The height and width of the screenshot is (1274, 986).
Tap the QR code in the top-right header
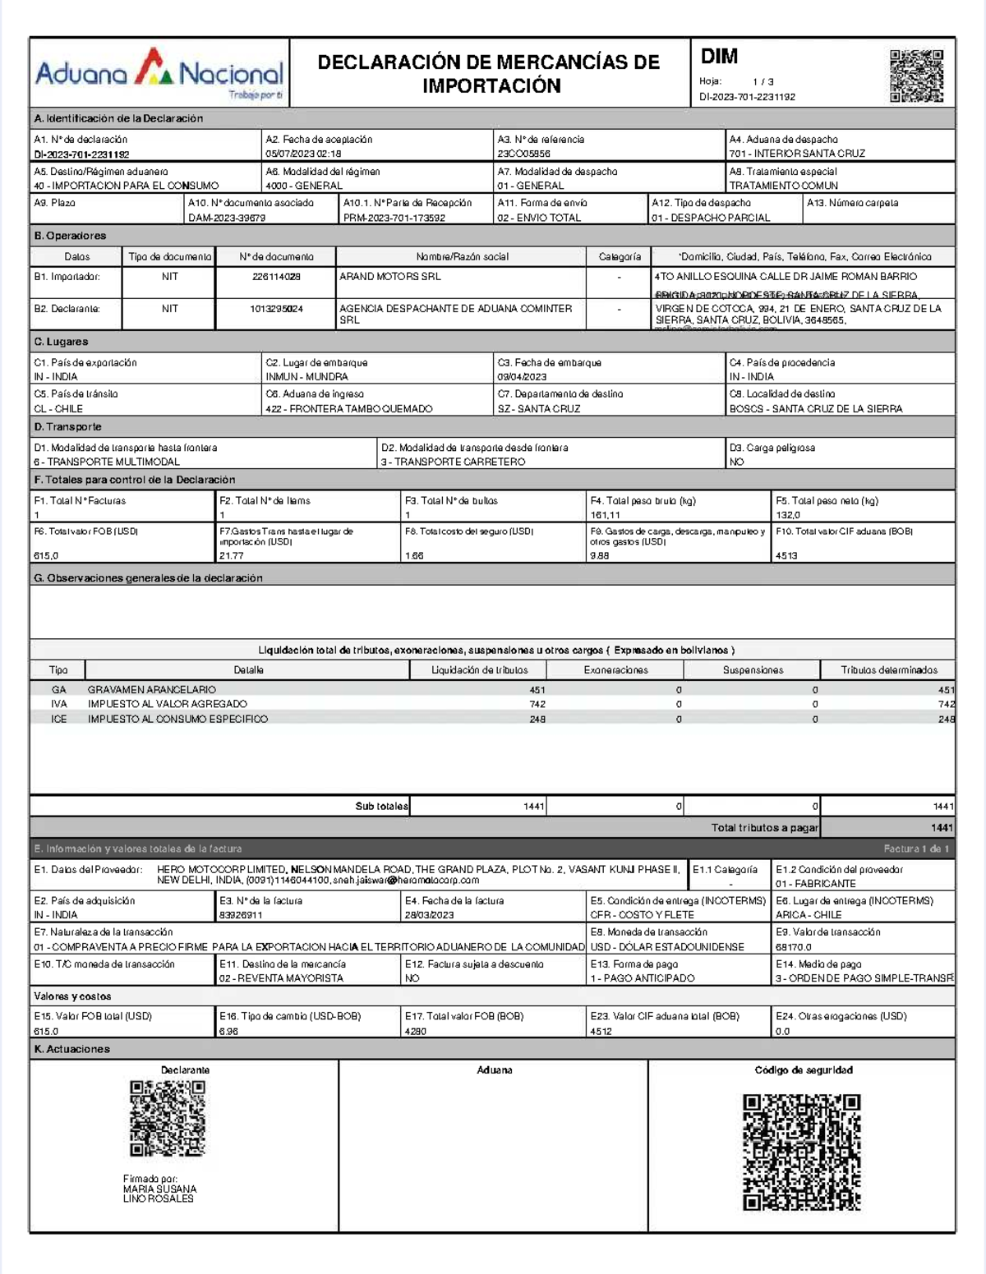(x=916, y=76)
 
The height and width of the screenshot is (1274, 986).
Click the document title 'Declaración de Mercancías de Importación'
(x=489, y=74)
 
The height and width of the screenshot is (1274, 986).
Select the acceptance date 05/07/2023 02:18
(x=303, y=154)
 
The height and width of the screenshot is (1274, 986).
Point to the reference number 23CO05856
(x=523, y=154)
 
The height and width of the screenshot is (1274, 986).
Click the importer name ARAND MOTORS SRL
(x=390, y=277)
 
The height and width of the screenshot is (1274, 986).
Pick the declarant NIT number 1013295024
(x=276, y=309)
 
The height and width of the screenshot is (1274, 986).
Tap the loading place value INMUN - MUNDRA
(x=306, y=377)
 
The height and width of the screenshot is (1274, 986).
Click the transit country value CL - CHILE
(x=58, y=409)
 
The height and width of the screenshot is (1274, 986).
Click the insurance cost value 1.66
(x=414, y=556)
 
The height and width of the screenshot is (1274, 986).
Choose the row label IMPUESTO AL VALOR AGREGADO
(x=168, y=704)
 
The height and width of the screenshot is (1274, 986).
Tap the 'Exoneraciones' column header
(x=615, y=670)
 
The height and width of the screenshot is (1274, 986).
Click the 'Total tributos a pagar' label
(x=764, y=828)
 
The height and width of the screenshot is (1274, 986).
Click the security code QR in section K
(x=801, y=1152)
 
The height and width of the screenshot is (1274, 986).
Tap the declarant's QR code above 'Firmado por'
(x=168, y=1119)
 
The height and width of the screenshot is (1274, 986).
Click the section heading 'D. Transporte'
(x=68, y=427)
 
